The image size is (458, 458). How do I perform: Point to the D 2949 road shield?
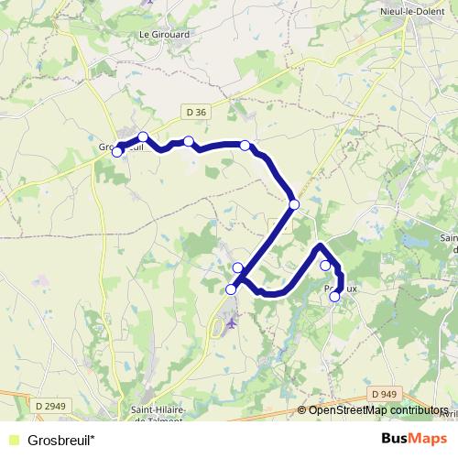pyautogui.click(x=54, y=405)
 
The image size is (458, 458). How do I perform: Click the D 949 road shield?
pyautogui.click(x=386, y=394)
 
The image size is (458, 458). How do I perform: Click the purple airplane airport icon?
pyautogui.click(x=231, y=322)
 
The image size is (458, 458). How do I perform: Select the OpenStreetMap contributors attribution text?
pyautogui.click(x=378, y=411)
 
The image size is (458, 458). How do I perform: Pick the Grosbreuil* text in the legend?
pyautogui.click(x=60, y=440)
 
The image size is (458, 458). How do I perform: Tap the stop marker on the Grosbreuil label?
pyautogui.click(x=117, y=152)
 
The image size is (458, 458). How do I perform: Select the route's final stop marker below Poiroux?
pyautogui.click(x=334, y=296)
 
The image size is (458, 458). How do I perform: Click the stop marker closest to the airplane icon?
pyautogui.click(x=231, y=289)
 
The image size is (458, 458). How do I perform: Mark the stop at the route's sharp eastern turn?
pyautogui.click(x=294, y=204)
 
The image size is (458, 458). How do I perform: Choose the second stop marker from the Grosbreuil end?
pyautogui.click(x=143, y=136)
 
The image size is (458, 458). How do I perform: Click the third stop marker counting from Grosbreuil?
pyautogui.click(x=188, y=141)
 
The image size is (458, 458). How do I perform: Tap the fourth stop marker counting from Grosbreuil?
pyautogui.click(x=245, y=145)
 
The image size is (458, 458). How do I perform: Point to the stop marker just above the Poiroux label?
pyautogui.click(x=325, y=266)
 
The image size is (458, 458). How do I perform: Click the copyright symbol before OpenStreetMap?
pyautogui.click(x=303, y=411)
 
